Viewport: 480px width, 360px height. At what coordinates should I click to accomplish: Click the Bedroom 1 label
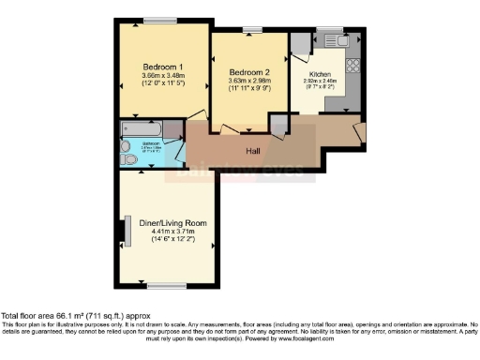click(162, 67)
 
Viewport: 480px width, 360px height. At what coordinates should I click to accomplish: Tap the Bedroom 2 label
click(248, 72)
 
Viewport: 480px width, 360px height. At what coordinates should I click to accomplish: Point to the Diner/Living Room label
click(167, 223)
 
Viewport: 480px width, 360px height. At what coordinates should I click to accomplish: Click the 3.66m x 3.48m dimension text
click(162, 76)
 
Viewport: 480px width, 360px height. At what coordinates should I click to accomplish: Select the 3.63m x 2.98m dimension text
click(248, 82)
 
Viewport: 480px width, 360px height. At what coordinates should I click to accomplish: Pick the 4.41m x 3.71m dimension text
click(167, 232)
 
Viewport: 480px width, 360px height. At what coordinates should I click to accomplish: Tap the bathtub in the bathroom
click(142, 128)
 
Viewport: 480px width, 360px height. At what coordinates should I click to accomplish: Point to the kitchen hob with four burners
click(354, 67)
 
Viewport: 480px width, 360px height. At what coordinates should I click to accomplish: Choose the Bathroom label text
click(137, 144)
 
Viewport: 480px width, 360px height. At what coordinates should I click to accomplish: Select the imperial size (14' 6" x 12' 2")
click(167, 242)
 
